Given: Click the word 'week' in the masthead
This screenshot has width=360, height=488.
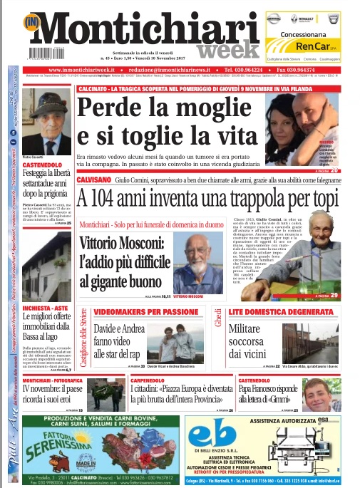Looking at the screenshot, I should pos(222,49).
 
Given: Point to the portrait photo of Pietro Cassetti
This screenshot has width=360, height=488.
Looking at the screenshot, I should pos(42,122).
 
